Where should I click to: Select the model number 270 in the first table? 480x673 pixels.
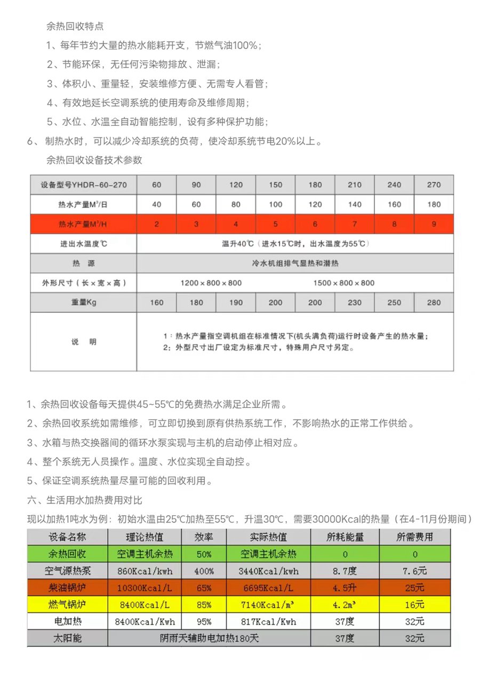434,185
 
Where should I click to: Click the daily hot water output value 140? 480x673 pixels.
355,204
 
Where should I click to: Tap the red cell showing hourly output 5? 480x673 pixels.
276,224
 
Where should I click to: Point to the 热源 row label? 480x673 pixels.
84,263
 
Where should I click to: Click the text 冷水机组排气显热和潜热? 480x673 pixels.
295,263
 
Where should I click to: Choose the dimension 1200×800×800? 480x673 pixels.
211,283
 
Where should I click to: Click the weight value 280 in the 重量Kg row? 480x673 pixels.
434,302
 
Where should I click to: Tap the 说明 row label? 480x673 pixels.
84,342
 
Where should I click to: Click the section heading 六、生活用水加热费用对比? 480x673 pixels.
84,500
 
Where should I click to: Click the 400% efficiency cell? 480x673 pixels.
204,571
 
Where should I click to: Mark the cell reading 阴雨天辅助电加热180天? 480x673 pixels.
209,638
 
